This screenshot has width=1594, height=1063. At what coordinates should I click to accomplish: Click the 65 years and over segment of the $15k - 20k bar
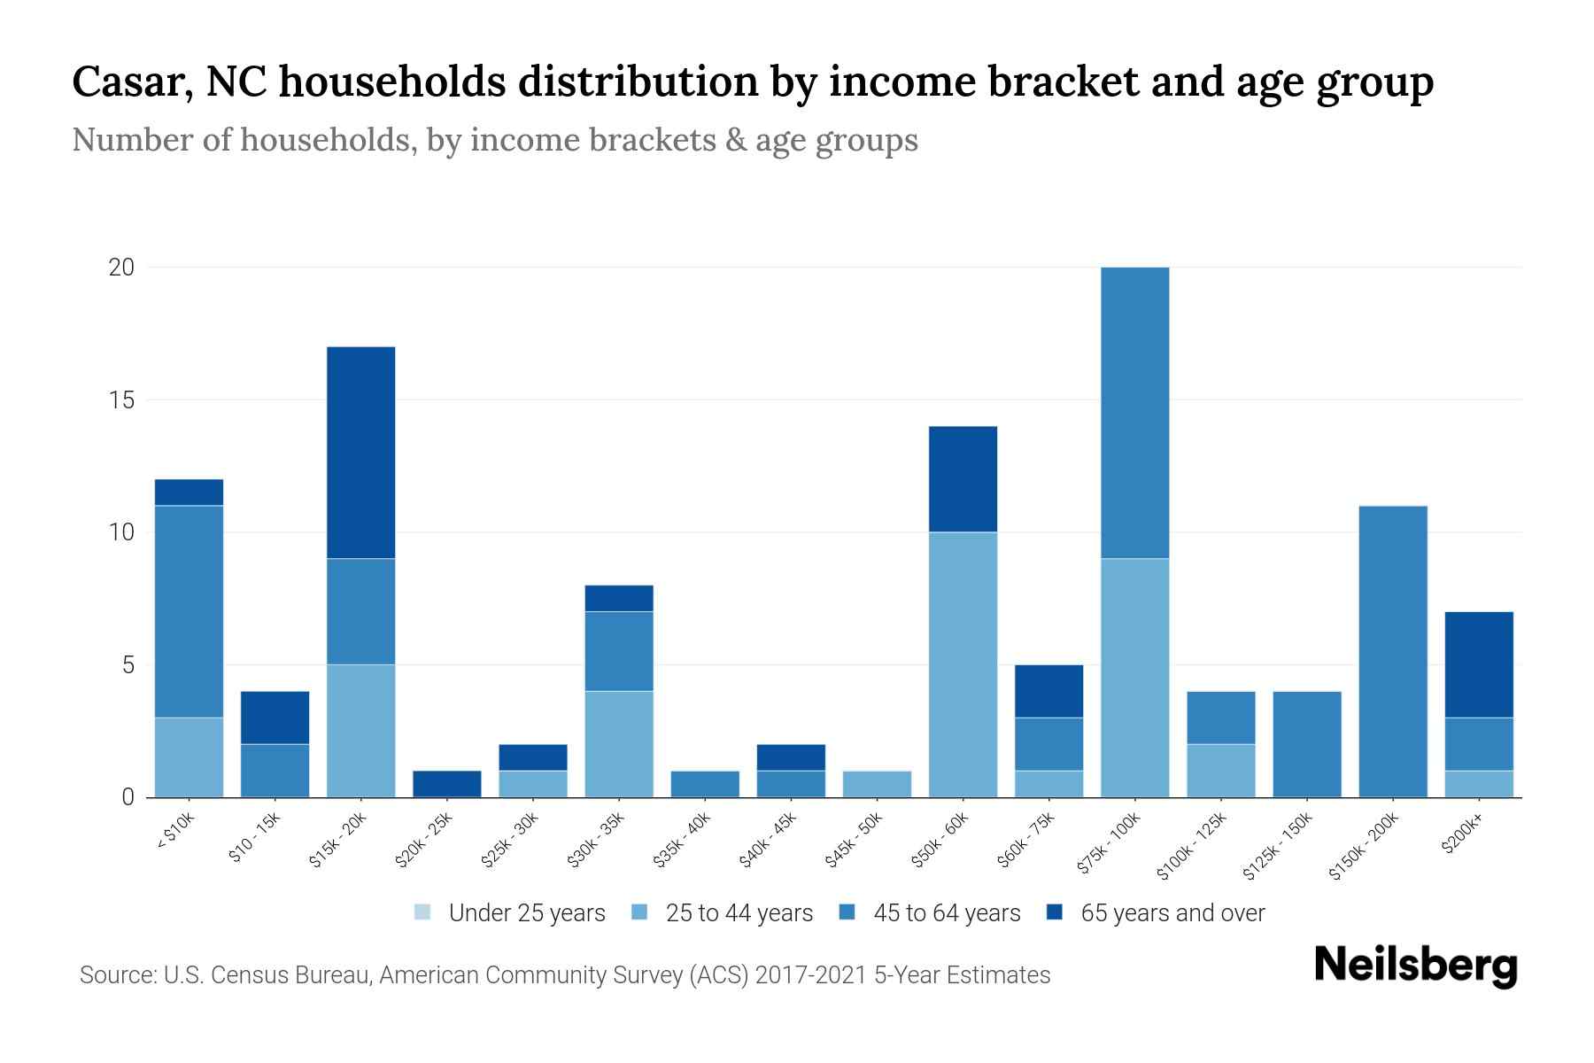(x=360, y=452)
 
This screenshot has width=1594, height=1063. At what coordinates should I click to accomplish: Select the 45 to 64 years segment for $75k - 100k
(x=1134, y=412)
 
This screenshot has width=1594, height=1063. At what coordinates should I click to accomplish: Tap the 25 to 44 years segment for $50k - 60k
(x=963, y=664)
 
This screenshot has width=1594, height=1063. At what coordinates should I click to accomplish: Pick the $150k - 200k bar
(x=1392, y=651)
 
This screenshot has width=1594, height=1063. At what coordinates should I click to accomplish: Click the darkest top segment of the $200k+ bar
(x=1478, y=664)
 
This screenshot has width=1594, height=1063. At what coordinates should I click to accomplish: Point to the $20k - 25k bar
(x=446, y=784)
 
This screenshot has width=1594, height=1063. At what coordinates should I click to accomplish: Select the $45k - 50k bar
(x=877, y=784)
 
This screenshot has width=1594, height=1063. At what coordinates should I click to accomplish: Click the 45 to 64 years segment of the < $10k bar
(x=189, y=611)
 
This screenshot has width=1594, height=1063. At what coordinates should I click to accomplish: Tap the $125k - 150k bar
(x=1306, y=744)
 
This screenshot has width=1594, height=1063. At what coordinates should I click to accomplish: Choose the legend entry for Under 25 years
(x=509, y=913)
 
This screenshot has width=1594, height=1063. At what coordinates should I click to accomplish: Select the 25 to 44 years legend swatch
(x=639, y=912)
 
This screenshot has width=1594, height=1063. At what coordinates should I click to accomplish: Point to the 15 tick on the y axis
(x=120, y=400)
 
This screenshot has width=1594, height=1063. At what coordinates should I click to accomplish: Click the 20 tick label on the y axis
(x=120, y=268)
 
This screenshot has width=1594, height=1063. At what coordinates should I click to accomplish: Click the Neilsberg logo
(x=1415, y=966)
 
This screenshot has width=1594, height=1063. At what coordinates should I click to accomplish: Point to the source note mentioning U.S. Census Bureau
(x=564, y=975)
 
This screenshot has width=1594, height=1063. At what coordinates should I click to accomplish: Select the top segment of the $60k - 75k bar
(x=1048, y=691)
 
